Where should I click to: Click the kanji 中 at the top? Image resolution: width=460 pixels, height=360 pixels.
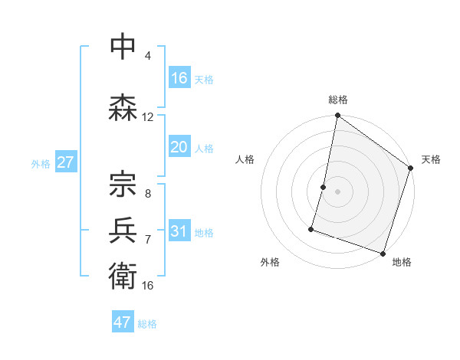pyautogui.click(x=123, y=47)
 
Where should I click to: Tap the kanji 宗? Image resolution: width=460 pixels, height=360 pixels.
pyautogui.click(x=123, y=184)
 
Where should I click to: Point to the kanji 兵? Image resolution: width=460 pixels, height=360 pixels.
pyautogui.click(x=123, y=229)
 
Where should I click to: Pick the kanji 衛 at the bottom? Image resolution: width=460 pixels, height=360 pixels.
pyautogui.click(x=123, y=275)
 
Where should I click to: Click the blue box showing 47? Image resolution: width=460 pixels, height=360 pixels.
pyautogui.click(x=123, y=322)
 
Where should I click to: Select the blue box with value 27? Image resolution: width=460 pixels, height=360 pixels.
pyautogui.click(x=66, y=162)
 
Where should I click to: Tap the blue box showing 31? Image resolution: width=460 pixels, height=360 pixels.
pyautogui.click(x=179, y=231)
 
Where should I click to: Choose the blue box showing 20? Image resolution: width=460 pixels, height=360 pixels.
pyautogui.click(x=179, y=147)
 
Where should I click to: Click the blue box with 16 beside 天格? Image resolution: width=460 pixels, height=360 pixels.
pyautogui.click(x=179, y=78)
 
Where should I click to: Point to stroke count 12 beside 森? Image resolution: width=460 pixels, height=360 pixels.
pyautogui.click(x=148, y=117)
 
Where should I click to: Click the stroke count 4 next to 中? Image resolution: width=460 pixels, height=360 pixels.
pyautogui.click(x=148, y=56)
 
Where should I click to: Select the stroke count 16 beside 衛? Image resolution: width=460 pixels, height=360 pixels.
pyautogui.click(x=148, y=285)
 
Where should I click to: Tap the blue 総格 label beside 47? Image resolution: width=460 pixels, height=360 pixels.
pyautogui.click(x=147, y=324)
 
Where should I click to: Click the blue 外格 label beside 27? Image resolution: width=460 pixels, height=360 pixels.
pyautogui.click(x=41, y=164)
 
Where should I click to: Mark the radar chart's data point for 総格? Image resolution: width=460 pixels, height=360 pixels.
pyautogui.click(x=337, y=116)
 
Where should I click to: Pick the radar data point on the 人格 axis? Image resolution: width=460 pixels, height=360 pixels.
pyautogui.click(x=324, y=187)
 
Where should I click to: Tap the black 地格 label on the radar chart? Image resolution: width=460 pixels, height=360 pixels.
pyautogui.click(x=402, y=262)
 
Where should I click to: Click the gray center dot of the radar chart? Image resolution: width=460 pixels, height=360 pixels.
pyautogui.click(x=337, y=191)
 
